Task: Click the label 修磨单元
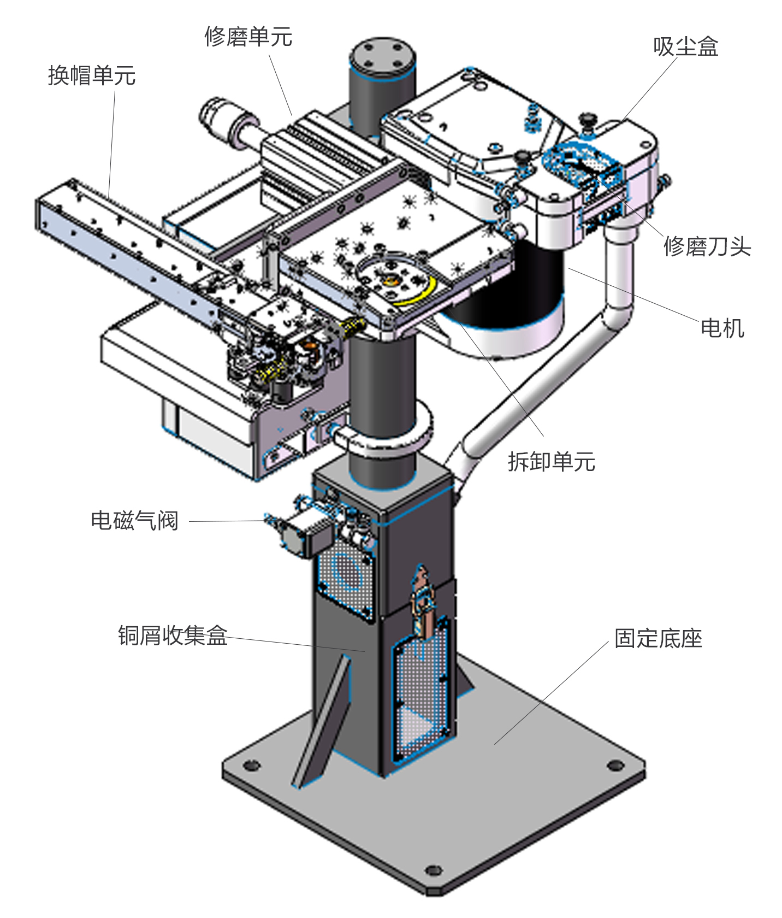248,37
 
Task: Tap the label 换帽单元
92,75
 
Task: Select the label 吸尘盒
685,46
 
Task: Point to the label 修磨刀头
707,246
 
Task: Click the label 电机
722,328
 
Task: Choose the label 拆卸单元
552,462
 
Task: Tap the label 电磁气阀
134,521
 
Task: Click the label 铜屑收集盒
173,635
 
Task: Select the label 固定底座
658,638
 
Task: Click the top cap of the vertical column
382,55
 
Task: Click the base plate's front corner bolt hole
433,869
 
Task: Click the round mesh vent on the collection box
345,571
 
